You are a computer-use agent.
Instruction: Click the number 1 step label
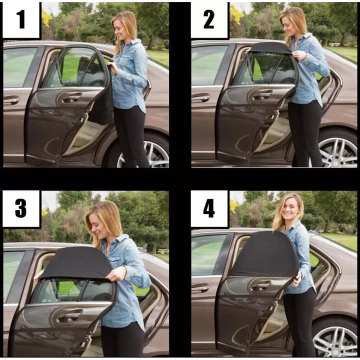pyautogui.click(x=21, y=20)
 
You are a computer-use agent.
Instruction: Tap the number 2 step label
pyautogui.click(x=209, y=20)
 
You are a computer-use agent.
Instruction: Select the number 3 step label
pyautogui.click(x=21, y=208)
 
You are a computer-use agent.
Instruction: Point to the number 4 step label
pyautogui.click(x=209, y=208)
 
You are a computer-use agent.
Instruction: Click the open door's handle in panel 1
pyautogui.click(x=71, y=97)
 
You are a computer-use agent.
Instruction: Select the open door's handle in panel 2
pyautogui.click(x=262, y=94)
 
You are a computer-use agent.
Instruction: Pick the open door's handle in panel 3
pyautogui.click(x=70, y=315)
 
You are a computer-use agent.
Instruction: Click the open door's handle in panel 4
pyautogui.click(x=261, y=285)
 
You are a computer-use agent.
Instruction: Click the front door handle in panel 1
pyautogui.click(x=11, y=99)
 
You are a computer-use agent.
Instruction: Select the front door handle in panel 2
pyautogui.click(x=200, y=97)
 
